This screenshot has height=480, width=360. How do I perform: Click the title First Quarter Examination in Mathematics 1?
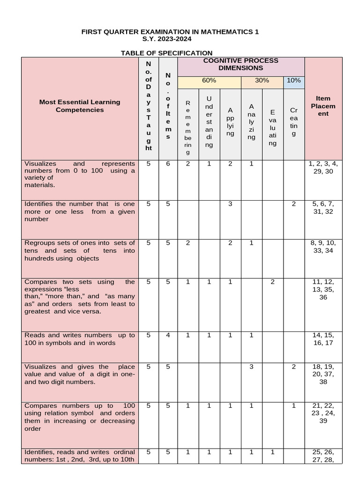tap(170, 32)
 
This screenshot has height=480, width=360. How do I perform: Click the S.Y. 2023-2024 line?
tap(170, 39)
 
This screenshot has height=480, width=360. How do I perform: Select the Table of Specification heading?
tap(166, 53)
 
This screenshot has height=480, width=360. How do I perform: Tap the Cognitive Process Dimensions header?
tap(240, 64)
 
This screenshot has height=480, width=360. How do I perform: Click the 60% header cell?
tap(209, 81)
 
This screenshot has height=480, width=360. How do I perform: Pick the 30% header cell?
tap(262, 81)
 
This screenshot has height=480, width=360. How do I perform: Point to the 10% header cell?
tap(293, 81)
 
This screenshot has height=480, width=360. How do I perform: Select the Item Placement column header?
tap(323, 106)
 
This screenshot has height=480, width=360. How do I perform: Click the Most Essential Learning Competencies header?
tap(80, 106)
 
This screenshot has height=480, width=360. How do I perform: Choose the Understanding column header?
tap(209, 121)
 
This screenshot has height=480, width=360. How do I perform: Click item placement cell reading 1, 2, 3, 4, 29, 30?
tap(323, 167)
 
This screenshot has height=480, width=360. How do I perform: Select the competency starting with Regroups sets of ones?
tap(80, 250)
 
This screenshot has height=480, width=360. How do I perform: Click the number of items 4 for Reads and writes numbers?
tap(168, 335)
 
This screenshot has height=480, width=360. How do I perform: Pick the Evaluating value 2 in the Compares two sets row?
tap(272, 282)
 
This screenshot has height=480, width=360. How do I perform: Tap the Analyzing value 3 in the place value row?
tap(251, 367)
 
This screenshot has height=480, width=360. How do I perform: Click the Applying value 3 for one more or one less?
tap(230, 204)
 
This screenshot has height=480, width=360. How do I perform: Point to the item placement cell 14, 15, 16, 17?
tap(323, 339)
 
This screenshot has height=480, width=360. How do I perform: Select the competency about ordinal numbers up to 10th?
tap(80, 456)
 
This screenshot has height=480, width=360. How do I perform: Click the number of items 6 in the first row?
tap(168, 164)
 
